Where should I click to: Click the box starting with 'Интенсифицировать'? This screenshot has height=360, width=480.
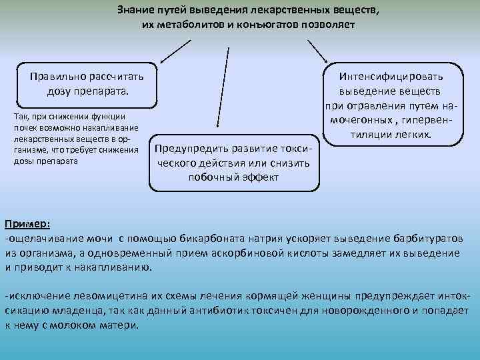tap(391, 105)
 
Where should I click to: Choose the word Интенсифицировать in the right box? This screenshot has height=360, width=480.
tap(391, 77)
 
